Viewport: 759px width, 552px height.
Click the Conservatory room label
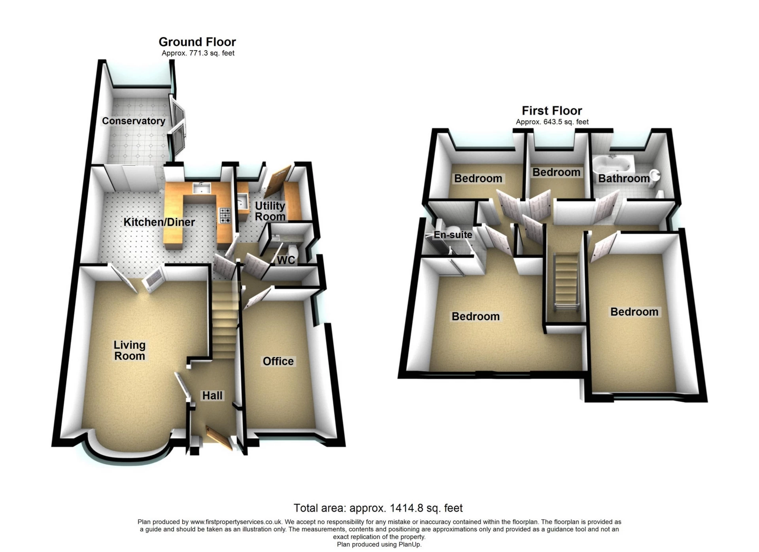point(134,121)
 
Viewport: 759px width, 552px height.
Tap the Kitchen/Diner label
point(159,222)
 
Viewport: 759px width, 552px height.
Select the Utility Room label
point(270,211)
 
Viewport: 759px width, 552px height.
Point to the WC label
point(286,260)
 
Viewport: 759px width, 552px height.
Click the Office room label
point(278,361)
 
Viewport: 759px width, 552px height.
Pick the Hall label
point(212,396)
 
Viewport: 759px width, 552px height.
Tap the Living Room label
point(130,351)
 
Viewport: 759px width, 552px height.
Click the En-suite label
point(453,235)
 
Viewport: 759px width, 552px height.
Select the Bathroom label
point(623,178)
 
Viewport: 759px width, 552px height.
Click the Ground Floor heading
point(197,42)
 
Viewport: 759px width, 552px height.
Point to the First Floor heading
point(552,111)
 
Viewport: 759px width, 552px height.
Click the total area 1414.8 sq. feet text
point(378,508)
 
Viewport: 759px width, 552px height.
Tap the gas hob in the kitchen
point(225,216)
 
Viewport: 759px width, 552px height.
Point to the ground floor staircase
point(225,320)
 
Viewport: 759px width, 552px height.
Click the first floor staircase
point(566,283)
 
